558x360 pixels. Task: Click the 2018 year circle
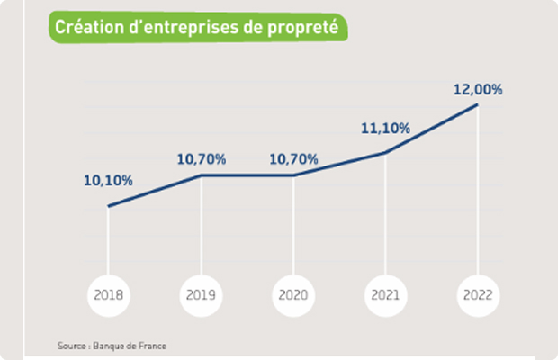click(109, 294)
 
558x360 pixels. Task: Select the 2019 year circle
click(201, 294)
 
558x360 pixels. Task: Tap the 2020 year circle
click(293, 294)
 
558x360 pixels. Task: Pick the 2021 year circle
click(385, 294)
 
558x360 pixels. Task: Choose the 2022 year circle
click(478, 294)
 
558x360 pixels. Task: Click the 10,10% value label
click(108, 181)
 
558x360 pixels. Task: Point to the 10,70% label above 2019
click(201, 159)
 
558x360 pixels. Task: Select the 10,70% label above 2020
click(293, 159)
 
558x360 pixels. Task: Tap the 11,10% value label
click(385, 129)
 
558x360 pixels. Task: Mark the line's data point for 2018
click(109, 207)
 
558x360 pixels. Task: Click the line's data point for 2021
click(385, 153)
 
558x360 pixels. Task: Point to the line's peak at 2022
click(478, 104)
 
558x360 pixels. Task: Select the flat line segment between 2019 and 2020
click(247, 175)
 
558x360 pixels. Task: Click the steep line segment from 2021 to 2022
click(432, 129)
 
